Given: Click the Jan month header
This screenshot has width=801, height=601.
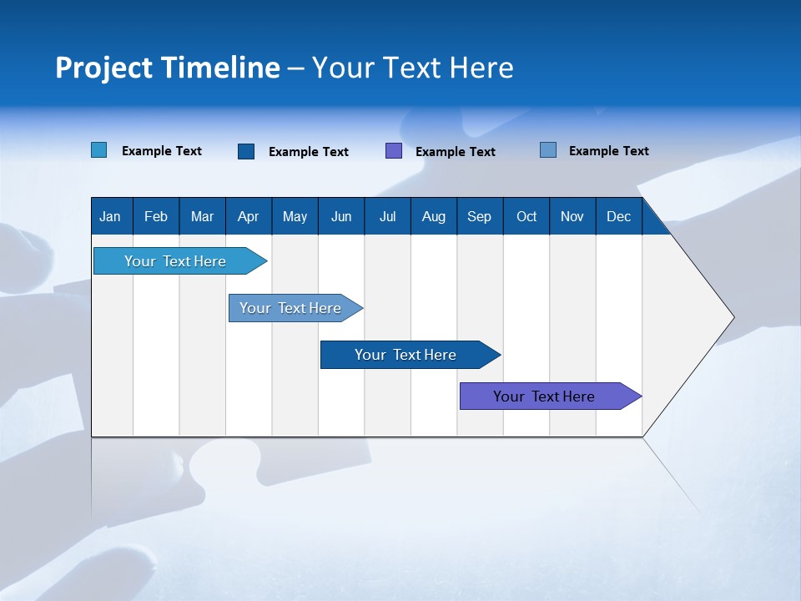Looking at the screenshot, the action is pos(110,217).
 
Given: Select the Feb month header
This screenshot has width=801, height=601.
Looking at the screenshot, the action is pos(156,217).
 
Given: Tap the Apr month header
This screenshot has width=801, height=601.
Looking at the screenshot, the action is pos(249,217).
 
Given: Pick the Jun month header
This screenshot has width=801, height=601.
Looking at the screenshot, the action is pos(341,217).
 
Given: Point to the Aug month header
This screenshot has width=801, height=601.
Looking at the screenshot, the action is pos(434,217).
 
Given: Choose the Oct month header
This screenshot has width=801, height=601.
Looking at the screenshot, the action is pos(526,217).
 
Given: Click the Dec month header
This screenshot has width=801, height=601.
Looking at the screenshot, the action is pos(618,217).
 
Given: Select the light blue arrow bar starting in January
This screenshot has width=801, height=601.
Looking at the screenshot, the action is pos(180,260).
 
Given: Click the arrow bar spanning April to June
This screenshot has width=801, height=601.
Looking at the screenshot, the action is pos(295,308).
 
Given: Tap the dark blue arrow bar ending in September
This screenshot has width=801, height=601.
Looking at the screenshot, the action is pos(411,355).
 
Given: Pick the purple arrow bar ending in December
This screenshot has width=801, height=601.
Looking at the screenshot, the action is pos(551,396).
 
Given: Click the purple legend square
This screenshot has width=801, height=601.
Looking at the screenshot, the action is pos(394,151).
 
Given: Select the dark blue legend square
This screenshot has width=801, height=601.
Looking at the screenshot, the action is pos(246,151).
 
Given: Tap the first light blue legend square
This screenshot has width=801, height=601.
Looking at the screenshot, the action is pos(99,149).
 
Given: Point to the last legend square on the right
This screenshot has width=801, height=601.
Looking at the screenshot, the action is pos(548,149).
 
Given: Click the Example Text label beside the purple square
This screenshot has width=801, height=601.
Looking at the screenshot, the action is pos(456,152).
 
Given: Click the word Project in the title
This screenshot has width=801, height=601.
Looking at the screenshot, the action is pos(103,68).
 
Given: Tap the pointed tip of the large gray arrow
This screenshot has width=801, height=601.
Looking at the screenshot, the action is pos(734,317).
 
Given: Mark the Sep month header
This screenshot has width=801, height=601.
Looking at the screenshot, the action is pos(479,217).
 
